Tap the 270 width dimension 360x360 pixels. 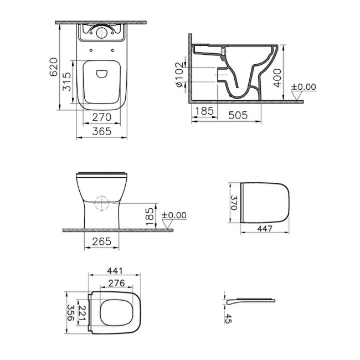click(102, 117)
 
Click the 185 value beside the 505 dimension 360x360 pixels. click(204, 111)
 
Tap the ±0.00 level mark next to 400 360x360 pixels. click(303, 87)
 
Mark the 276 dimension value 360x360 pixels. click(115, 282)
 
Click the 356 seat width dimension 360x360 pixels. click(70, 312)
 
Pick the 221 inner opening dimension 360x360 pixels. click(83, 312)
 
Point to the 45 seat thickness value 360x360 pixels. click(228, 319)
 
